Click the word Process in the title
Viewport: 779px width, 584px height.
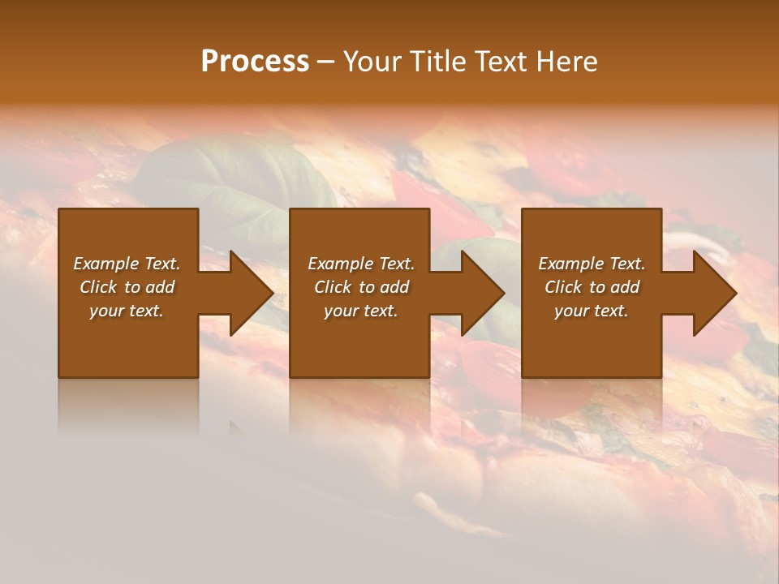(x=255, y=62)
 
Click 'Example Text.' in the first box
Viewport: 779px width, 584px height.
(x=127, y=264)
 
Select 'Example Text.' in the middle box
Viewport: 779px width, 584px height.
(x=360, y=264)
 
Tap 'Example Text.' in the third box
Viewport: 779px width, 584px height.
(x=592, y=264)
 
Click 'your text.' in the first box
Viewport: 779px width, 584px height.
(x=127, y=311)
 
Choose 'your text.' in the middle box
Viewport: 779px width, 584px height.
(x=360, y=311)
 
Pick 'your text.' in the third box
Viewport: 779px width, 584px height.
(x=592, y=311)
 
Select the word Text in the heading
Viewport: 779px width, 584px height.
(x=501, y=62)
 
